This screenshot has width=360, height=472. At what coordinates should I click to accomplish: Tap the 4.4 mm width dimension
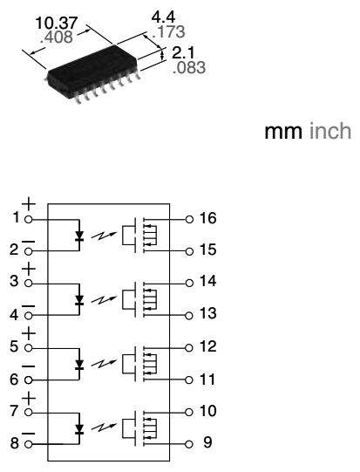[163, 17]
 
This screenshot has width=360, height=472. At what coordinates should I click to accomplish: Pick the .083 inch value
[187, 67]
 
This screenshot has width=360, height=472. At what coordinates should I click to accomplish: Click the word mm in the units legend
[281, 132]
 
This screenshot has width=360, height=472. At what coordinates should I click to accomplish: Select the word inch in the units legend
[331, 132]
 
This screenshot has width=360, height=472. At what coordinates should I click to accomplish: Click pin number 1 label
[15, 217]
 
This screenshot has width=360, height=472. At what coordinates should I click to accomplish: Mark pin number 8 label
[15, 442]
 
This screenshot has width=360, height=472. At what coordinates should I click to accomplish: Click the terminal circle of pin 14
[188, 283]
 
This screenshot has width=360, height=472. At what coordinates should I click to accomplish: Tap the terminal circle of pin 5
[29, 346]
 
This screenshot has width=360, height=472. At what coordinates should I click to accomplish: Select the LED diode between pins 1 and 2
[80, 235]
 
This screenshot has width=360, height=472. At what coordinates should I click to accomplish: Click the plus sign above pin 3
[28, 269]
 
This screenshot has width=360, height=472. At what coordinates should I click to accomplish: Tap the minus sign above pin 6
[28, 366]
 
